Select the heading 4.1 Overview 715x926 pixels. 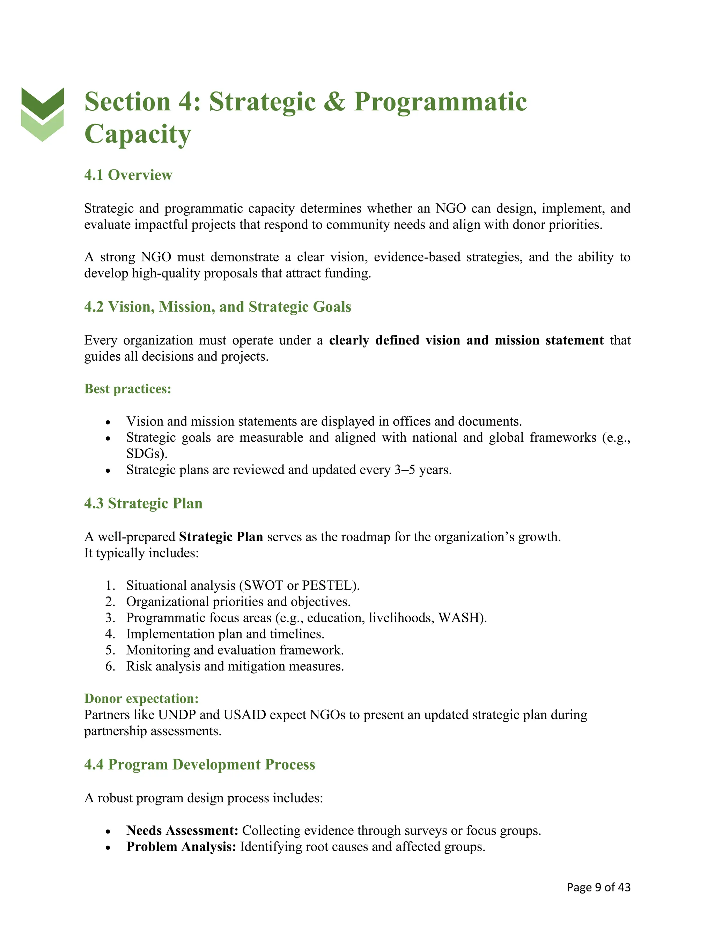click(128, 175)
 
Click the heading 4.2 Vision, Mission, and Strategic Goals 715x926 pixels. click(217, 306)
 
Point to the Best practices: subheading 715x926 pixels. click(127, 389)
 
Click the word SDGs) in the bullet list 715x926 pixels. click(147, 454)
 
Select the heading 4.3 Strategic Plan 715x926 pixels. click(143, 503)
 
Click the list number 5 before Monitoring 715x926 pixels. click(110, 650)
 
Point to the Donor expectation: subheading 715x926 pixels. click(141, 698)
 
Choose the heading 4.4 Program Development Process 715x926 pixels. click(199, 765)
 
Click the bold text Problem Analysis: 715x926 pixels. click(181, 847)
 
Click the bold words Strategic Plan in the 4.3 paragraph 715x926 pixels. click(221, 537)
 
